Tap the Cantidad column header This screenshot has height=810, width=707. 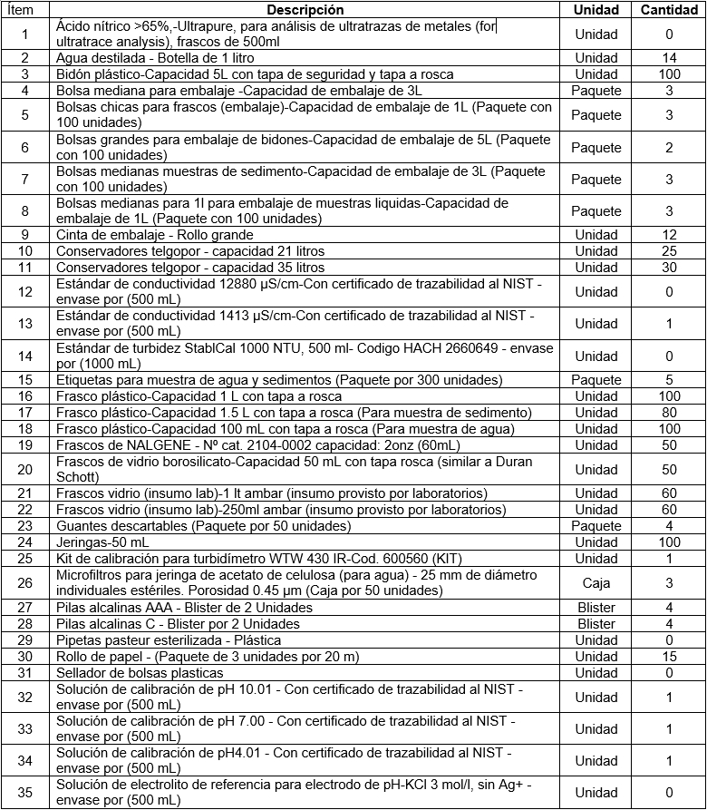669,10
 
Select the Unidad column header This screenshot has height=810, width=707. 596,10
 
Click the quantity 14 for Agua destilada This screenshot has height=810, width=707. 669,58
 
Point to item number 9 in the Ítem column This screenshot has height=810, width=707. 25,235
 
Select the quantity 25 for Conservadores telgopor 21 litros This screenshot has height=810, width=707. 669,251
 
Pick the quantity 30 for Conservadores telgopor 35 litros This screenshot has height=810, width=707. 669,268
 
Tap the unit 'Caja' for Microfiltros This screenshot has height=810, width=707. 596,582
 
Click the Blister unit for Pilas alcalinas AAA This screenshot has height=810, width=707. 596,608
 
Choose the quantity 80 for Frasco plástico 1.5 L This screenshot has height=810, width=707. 669,413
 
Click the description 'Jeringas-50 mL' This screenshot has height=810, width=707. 101,542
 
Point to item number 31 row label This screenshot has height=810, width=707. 25,672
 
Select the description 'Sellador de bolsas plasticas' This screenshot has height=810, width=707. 140,672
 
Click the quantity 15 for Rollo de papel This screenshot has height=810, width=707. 669,656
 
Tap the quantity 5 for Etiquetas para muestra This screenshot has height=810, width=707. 669,380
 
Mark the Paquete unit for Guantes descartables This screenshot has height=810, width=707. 596,525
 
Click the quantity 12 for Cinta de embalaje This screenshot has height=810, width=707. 669,235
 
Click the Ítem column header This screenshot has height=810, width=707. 25,10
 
